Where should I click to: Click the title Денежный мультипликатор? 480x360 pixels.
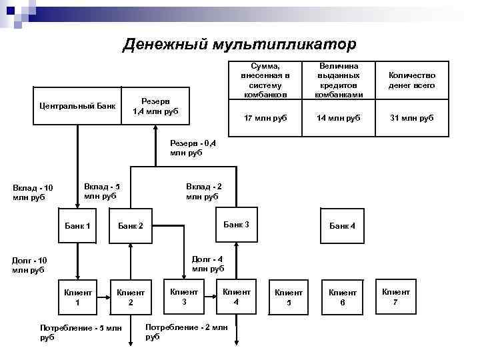click(240, 44)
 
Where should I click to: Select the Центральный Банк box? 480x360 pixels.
click(77, 105)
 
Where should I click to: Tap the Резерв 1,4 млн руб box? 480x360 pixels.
click(155, 105)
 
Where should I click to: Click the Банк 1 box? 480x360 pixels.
click(78, 226)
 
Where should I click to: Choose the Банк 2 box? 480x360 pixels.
click(131, 226)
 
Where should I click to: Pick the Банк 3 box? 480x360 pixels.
click(236, 225)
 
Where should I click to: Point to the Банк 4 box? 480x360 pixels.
click(342, 226)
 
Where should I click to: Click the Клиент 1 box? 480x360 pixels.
click(77, 297)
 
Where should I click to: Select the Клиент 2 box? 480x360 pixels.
click(131, 297)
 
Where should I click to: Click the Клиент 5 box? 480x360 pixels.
click(289, 297)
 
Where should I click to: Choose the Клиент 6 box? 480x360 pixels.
click(342, 297)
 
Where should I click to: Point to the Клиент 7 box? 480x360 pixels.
click(395, 297)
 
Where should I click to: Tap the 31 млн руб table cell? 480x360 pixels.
click(417, 118)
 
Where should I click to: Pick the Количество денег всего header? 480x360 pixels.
click(417, 81)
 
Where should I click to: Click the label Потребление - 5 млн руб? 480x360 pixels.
click(81, 332)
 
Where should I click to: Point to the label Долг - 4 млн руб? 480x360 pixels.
click(207, 264)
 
